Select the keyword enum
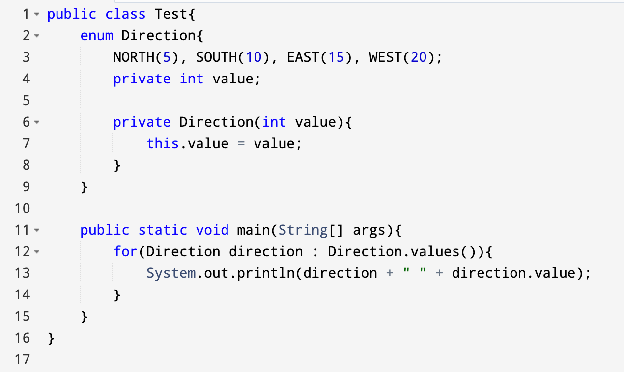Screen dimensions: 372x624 click(x=97, y=36)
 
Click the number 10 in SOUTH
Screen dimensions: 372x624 click(x=254, y=57)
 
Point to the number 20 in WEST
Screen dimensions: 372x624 click(x=419, y=57)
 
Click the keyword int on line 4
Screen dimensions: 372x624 click(x=192, y=79)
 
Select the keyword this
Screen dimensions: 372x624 click(x=163, y=143)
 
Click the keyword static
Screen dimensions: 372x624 click(x=163, y=230)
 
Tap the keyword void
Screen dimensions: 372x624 click(x=212, y=230)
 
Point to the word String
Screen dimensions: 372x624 click(x=303, y=230)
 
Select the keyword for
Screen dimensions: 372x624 click(x=125, y=251)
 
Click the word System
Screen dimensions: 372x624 click(x=171, y=273)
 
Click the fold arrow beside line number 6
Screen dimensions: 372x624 click(x=37, y=122)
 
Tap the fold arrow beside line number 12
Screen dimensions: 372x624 click(x=37, y=252)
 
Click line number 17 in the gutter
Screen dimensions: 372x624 click(x=22, y=360)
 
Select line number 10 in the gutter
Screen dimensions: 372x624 click(x=22, y=208)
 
